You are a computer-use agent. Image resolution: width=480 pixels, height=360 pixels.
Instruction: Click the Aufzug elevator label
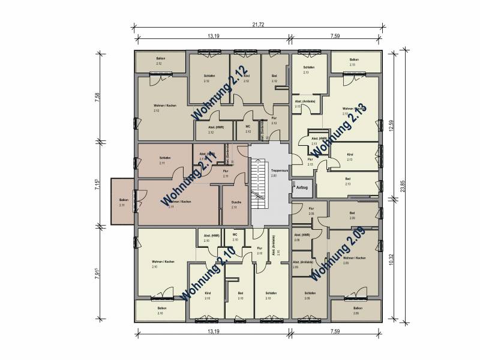[301, 188]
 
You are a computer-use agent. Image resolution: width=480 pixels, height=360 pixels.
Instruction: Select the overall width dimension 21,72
[258, 25]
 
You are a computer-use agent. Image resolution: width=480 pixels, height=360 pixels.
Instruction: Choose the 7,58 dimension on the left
[97, 97]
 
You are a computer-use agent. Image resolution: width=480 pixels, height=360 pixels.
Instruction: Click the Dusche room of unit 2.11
[236, 205]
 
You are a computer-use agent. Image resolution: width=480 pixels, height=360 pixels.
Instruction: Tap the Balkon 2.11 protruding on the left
[124, 202]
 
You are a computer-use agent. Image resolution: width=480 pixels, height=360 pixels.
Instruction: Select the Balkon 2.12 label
[160, 61]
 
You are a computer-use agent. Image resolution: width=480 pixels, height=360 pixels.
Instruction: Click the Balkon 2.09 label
[358, 311]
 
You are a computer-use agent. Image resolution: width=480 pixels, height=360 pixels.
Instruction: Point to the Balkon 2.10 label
[161, 311]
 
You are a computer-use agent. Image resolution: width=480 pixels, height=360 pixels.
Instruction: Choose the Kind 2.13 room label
[350, 157]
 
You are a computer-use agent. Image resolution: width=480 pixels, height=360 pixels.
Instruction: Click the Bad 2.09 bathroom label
[353, 215]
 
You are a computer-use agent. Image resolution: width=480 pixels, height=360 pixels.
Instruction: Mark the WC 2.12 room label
[248, 128]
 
